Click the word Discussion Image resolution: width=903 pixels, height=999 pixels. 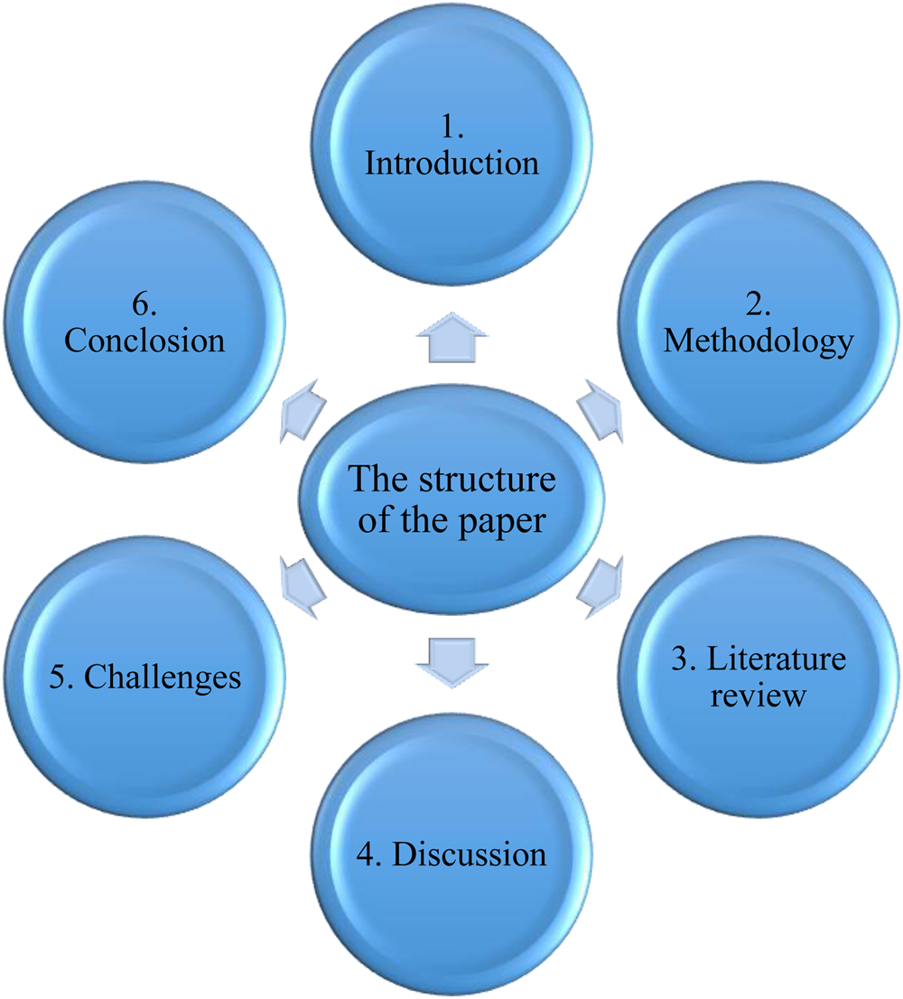click(470, 854)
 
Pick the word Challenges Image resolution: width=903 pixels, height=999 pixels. click(163, 677)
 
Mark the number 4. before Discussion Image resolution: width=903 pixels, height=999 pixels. click(373, 854)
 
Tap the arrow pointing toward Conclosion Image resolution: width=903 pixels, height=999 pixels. click(303, 409)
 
